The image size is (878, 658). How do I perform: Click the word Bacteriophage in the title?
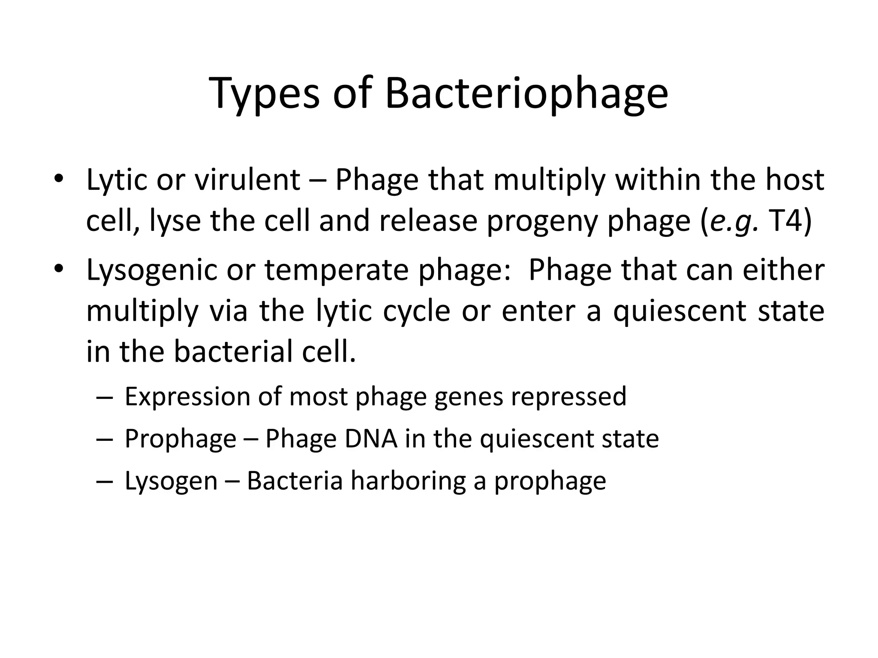(x=526, y=93)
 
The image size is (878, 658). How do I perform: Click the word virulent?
(x=247, y=179)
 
